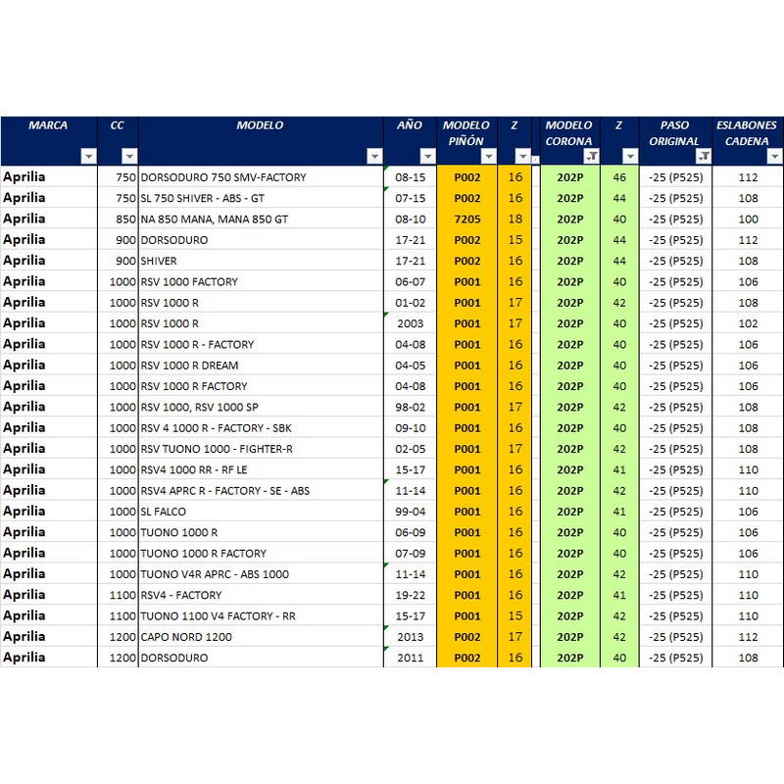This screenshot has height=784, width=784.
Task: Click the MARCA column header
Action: coord(48,125)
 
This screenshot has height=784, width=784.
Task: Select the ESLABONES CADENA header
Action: coord(747,133)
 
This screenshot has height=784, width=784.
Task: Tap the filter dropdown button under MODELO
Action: coord(374,156)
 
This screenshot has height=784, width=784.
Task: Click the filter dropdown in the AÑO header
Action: coord(427,156)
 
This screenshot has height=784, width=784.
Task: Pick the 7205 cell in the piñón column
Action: coord(467,219)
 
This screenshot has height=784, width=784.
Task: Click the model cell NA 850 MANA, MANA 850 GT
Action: coord(215,219)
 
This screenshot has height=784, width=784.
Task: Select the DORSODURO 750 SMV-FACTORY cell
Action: coord(223,177)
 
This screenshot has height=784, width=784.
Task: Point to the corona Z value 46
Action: coord(619,177)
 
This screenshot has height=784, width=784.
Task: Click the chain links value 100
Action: coord(748,219)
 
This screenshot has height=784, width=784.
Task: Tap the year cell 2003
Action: coord(410,323)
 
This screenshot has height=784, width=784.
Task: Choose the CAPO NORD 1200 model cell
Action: coord(186,637)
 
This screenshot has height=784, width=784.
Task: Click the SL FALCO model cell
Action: coord(163,512)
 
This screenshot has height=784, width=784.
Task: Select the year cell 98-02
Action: coord(410,407)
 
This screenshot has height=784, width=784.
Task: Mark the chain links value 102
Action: coord(748,323)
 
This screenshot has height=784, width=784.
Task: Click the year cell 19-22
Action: coord(410,595)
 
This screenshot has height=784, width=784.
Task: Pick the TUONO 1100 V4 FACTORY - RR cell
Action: coord(218,616)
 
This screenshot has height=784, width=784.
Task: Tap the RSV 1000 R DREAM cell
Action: coord(189,366)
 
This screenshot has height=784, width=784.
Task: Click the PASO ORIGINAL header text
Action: coord(674,133)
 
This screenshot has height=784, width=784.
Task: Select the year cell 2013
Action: coord(410,637)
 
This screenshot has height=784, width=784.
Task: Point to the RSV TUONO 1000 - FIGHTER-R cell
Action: coord(217,449)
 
